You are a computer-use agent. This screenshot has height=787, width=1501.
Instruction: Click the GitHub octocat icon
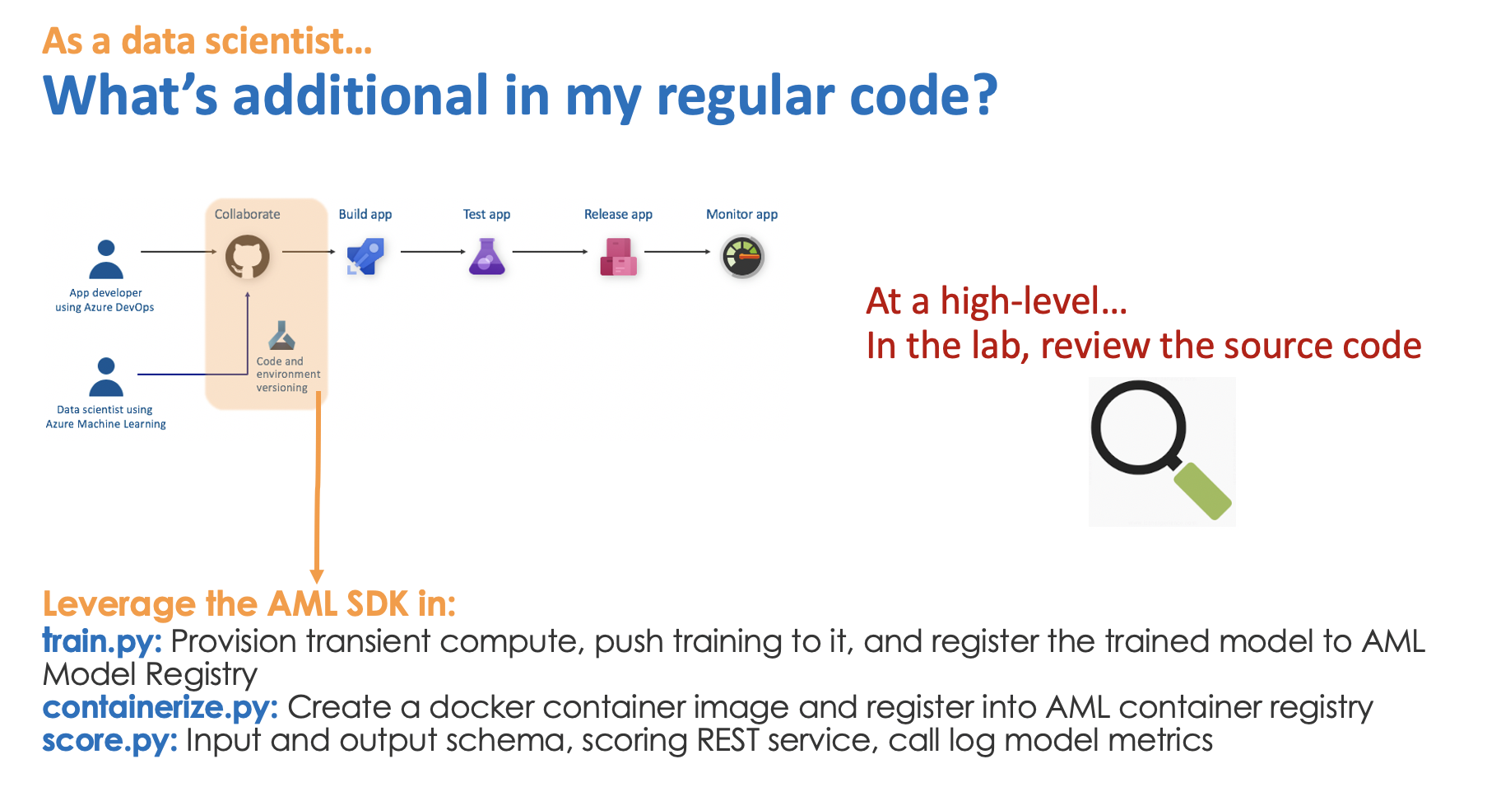point(248,257)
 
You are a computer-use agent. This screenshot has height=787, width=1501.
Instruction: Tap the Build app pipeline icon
point(365,257)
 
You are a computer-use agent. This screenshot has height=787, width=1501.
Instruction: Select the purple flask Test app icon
point(486,257)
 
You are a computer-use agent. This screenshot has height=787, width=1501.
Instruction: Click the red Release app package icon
point(618,257)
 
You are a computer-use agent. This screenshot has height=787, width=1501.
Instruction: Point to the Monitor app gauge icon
point(742,257)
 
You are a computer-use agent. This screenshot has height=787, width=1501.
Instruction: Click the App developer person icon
point(106,259)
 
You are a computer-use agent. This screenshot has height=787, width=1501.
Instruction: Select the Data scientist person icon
point(106,377)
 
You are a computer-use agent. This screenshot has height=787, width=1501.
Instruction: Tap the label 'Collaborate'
point(247,214)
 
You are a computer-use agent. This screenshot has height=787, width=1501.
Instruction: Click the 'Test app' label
point(486,214)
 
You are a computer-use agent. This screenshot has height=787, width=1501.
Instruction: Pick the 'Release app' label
point(618,214)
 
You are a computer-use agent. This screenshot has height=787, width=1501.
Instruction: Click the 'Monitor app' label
point(741,214)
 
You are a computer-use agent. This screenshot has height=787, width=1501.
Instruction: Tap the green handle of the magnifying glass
point(1202,491)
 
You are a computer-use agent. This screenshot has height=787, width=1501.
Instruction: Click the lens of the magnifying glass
point(1138,426)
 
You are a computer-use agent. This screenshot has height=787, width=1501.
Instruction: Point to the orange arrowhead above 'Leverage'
point(317,575)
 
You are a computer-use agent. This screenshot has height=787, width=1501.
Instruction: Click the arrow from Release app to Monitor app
point(676,251)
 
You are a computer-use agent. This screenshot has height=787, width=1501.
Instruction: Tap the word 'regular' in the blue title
point(745,96)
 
